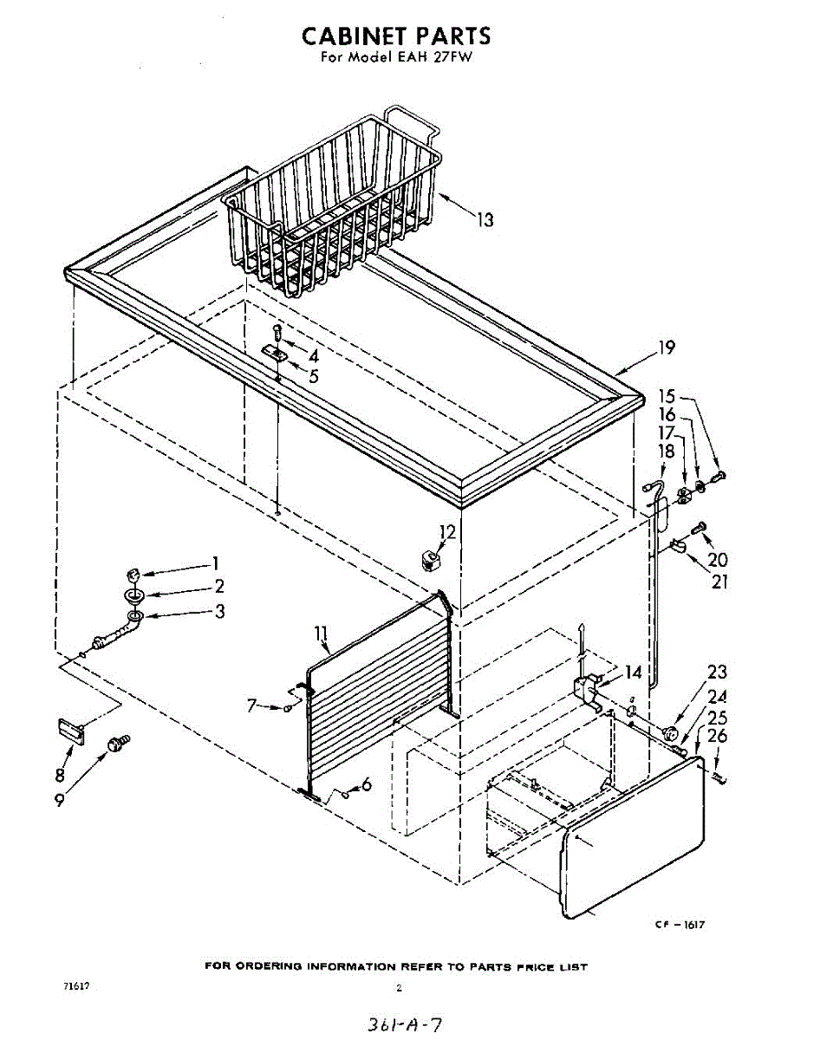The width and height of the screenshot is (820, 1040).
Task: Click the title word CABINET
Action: click(355, 36)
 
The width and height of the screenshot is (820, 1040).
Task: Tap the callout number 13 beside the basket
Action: click(485, 220)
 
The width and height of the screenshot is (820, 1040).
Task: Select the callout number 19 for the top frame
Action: click(666, 348)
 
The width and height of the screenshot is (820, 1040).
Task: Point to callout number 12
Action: click(447, 531)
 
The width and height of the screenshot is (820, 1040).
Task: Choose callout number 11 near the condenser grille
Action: click(322, 642)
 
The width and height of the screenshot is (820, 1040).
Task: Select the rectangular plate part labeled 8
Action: click(70, 730)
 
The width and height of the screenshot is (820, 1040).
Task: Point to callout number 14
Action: click(634, 672)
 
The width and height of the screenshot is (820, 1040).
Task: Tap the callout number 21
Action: click(719, 582)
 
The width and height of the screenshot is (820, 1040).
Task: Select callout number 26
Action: click(717, 738)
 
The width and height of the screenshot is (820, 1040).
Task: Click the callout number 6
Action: click(366, 784)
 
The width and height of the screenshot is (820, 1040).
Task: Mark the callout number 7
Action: click(252, 706)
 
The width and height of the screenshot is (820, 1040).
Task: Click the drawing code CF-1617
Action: click(680, 925)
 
